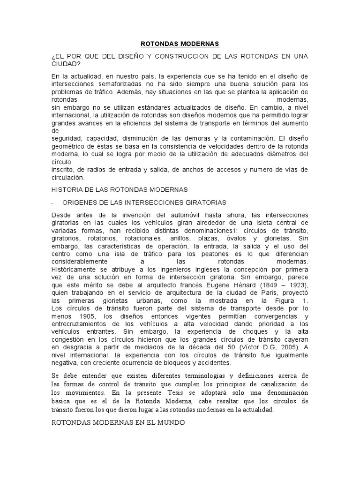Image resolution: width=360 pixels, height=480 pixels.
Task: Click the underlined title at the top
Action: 180,44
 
